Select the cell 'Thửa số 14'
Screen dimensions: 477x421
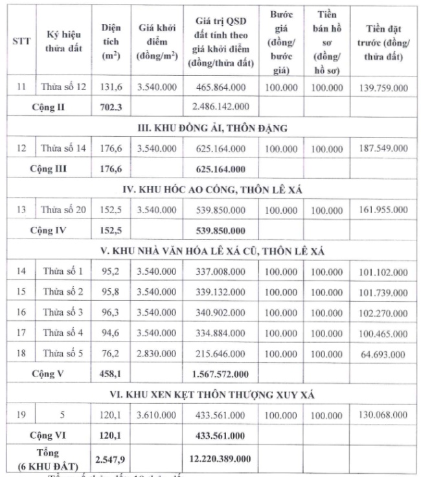point(63,149)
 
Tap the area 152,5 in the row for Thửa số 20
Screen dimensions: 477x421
point(110,211)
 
